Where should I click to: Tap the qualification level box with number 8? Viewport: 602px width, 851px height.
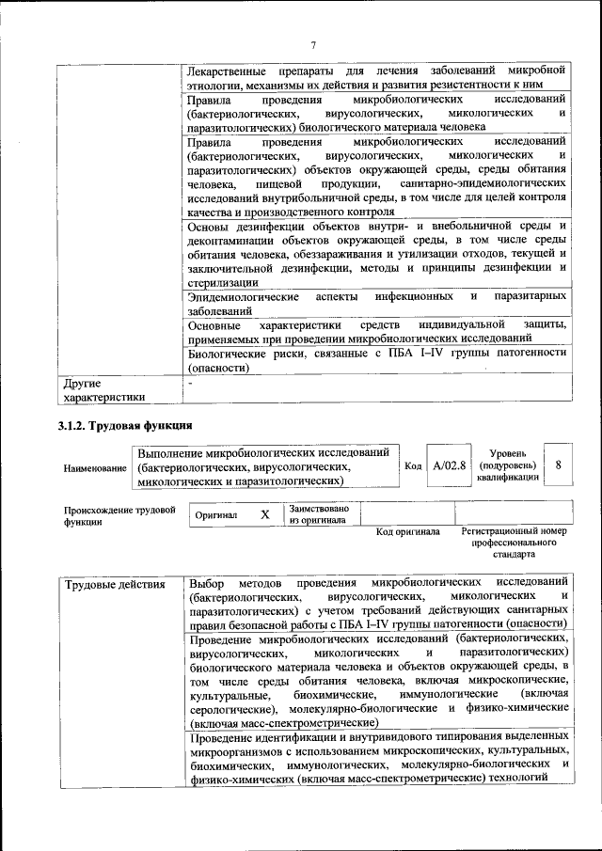click(559, 465)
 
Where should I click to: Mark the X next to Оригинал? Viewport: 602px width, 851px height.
click(264, 514)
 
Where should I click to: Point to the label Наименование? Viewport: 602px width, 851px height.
click(95, 467)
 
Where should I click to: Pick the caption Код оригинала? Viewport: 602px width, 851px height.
click(407, 531)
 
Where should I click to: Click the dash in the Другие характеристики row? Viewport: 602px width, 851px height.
click(189, 384)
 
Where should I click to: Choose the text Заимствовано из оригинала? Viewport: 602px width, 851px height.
click(319, 514)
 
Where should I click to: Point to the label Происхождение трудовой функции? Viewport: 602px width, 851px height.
click(119, 516)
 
